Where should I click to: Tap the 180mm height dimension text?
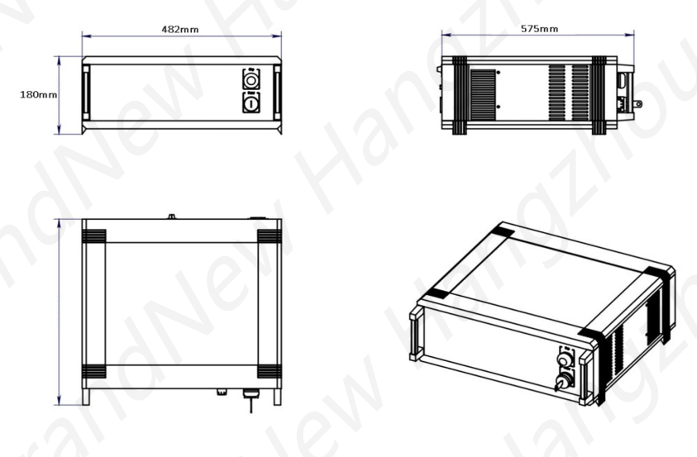pos(38,94)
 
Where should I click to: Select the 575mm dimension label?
pos(538,29)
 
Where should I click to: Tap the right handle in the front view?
pos(277,93)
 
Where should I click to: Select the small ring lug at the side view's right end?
pos(637,104)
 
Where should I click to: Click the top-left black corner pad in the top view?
pos(93,236)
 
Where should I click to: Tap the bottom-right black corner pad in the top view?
pos(270,371)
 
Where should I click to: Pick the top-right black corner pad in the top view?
pos(270,236)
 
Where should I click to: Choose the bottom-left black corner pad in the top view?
pos(93,371)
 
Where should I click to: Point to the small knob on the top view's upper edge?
pos(171,217)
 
